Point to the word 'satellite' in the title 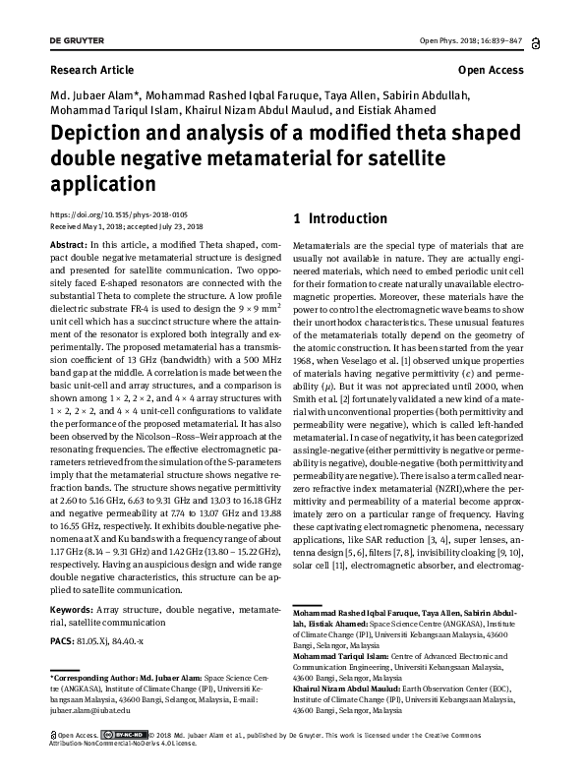tap(457, 158)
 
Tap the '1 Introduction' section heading tap(334, 218)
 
